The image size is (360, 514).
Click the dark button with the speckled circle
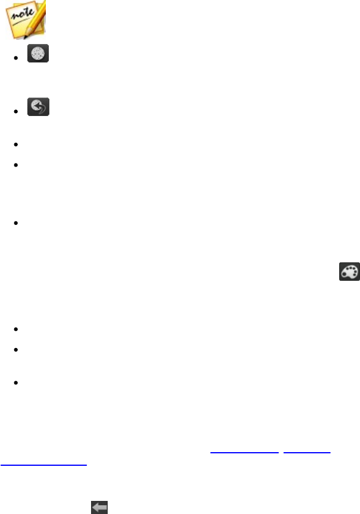point(39,55)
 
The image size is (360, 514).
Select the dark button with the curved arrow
point(39,107)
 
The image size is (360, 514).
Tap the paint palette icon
point(349,272)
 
